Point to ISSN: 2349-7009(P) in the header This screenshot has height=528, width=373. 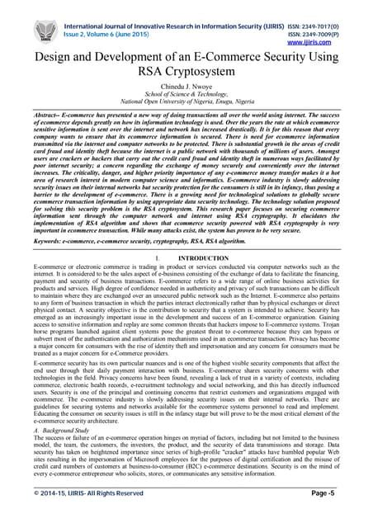(337, 22)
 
